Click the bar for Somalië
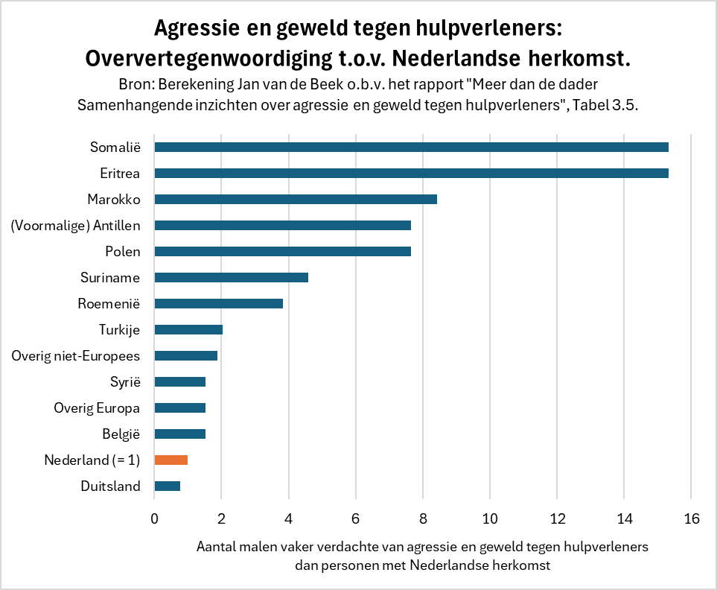pyautogui.click(x=411, y=147)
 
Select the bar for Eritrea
pyautogui.click(x=411, y=173)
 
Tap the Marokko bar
pyautogui.click(x=295, y=199)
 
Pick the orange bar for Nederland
pyautogui.click(x=171, y=460)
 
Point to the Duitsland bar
pyautogui.click(x=167, y=486)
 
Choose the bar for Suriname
pyautogui.click(x=231, y=277)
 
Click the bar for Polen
pyautogui.click(x=282, y=251)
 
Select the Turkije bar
pyautogui.click(x=188, y=329)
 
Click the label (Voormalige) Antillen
pyautogui.click(x=76, y=225)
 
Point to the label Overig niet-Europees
pyautogui.click(x=76, y=355)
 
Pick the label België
pyautogui.click(x=121, y=434)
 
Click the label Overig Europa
pyautogui.click(x=97, y=407)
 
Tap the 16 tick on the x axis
pyautogui.click(x=691, y=518)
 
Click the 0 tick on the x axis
pyautogui.click(x=154, y=518)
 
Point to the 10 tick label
pyautogui.click(x=490, y=518)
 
